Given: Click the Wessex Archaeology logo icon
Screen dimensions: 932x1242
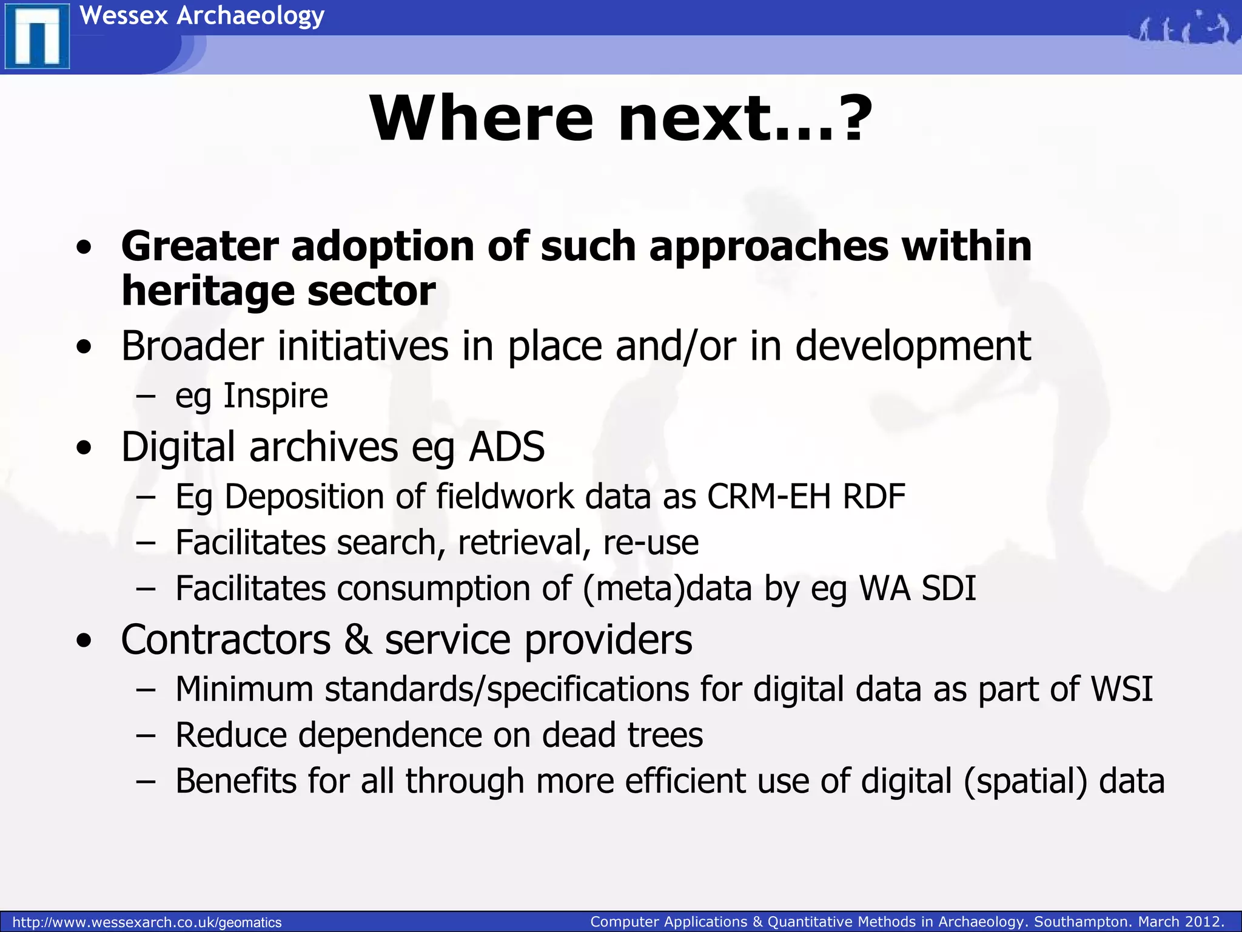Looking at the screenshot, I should tap(37, 36).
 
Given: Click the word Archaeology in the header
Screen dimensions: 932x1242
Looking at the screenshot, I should tap(250, 15).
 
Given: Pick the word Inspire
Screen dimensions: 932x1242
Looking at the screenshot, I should tap(276, 396).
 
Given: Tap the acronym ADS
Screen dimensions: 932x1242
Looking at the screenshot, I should tap(507, 447).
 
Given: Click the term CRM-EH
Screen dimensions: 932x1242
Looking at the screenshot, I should tap(768, 496).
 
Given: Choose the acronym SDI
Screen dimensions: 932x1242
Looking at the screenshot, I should tap(948, 588).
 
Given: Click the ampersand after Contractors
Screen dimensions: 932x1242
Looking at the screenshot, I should tap(358, 640).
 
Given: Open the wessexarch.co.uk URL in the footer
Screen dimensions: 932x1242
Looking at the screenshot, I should tap(147, 922).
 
